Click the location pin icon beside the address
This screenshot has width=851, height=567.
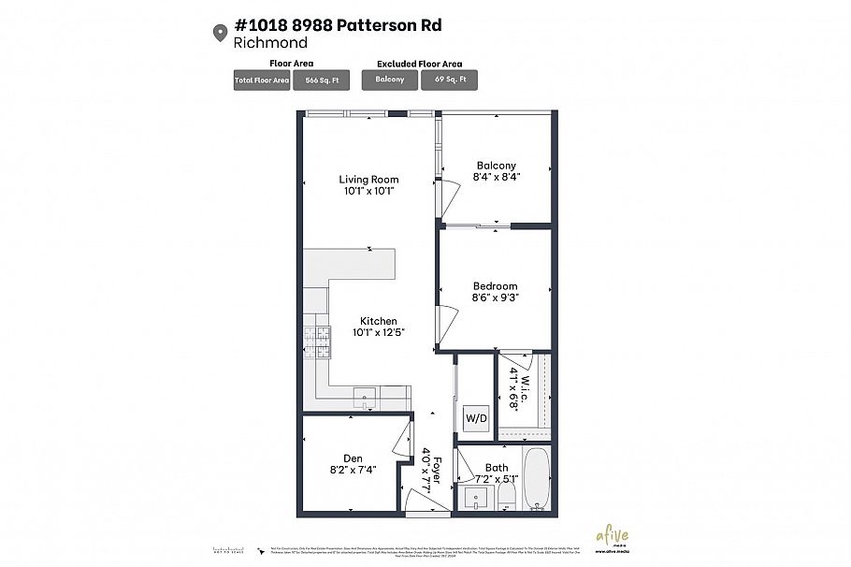tap(221, 33)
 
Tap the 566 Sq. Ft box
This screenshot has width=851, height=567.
tap(322, 80)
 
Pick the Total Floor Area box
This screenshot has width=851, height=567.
tap(262, 80)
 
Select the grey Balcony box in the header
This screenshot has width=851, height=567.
tap(390, 80)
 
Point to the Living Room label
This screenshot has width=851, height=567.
tap(368, 180)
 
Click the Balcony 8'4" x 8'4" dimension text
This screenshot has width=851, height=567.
tap(496, 176)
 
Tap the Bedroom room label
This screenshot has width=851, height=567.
tap(495, 286)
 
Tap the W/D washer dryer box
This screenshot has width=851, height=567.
tap(475, 418)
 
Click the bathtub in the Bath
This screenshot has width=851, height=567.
tap(537, 480)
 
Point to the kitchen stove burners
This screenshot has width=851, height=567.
tap(317, 342)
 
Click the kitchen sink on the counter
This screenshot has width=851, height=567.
tap(366, 396)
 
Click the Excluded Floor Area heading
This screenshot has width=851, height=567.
tap(419, 64)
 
